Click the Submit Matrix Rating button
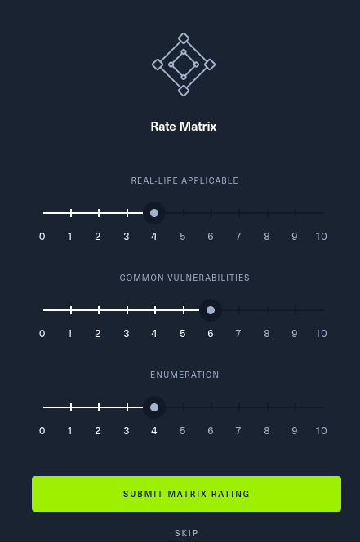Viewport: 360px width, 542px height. (x=186, y=494)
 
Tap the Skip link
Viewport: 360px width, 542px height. (x=186, y=533)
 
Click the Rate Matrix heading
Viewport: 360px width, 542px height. (x=184, y=127)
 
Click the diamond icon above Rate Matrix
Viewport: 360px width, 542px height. (x=184, y=64)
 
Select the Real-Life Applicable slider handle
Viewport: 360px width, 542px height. (x=154, y=213)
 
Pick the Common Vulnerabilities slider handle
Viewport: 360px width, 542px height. (x=211, y=310)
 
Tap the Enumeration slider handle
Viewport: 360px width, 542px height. (x=154, y=407)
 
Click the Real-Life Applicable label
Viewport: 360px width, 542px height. (x=184, y=180)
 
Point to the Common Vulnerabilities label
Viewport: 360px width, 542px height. (x=184, y=278)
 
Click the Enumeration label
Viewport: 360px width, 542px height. (x=184, y=375)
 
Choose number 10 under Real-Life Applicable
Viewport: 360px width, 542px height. (x=322, y=237)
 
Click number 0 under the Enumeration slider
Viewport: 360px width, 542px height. (x=42, y=431)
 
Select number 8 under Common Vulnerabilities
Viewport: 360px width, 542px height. (x=267, y=334)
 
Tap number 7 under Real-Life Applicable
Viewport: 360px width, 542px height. (x=238, y=237)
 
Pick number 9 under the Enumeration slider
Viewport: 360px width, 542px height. (x=295, y=431)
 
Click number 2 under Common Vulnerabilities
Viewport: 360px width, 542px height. (x=98, y=334)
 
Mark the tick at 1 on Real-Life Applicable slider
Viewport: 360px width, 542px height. (x=71, y=213)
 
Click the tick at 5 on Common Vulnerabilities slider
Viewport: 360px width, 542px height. (x=184, y=310)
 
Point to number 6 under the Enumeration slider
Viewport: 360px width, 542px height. (x=211, y=431)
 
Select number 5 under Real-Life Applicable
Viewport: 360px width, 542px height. (x=183, y=237)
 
